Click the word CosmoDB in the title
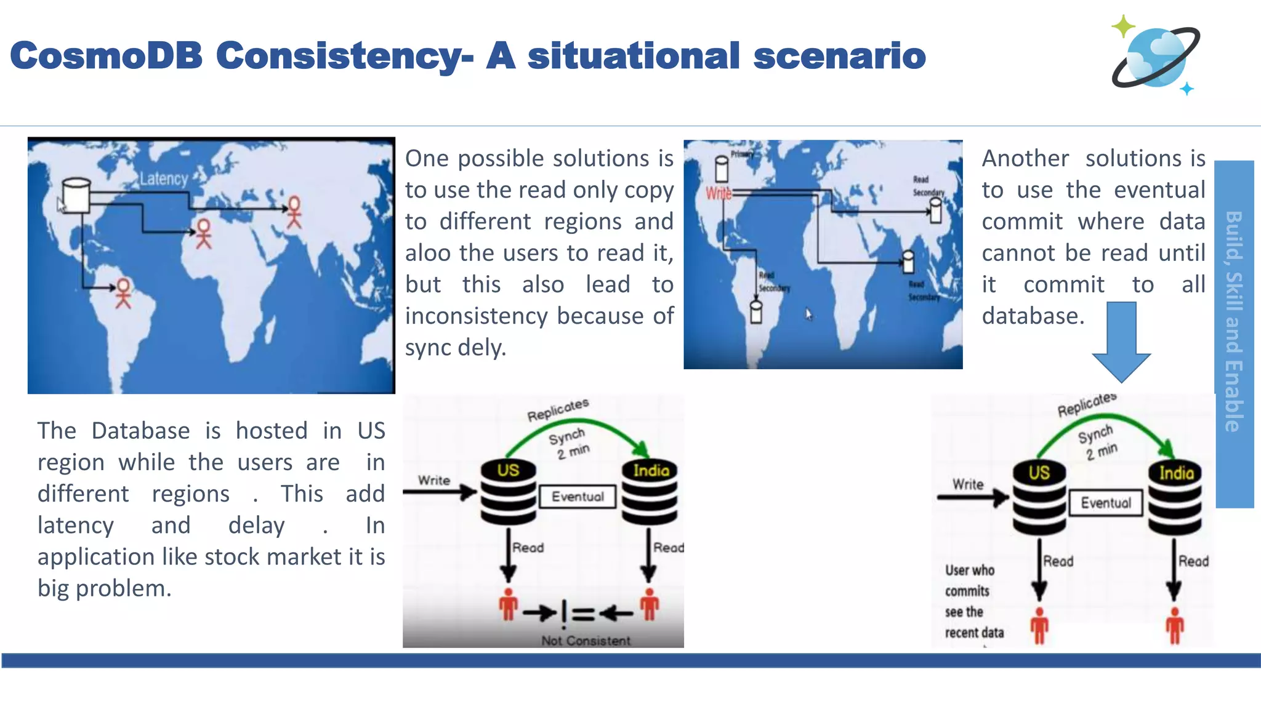click(106, 55)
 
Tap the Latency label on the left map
click(163, 179)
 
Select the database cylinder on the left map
click(76, 196)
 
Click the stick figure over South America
click(124, 293)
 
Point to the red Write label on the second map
click(718, 193)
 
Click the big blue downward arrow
click(1121, 342)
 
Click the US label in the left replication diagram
click(508, 471)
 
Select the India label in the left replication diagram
click(651, 471)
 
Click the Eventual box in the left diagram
click(578, 497)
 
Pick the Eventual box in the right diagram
click(1106, 503)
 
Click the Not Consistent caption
click(586, 641)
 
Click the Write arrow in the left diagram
click(440, 492)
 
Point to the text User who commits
click(969, 580)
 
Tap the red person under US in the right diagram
click(1039, 627)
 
